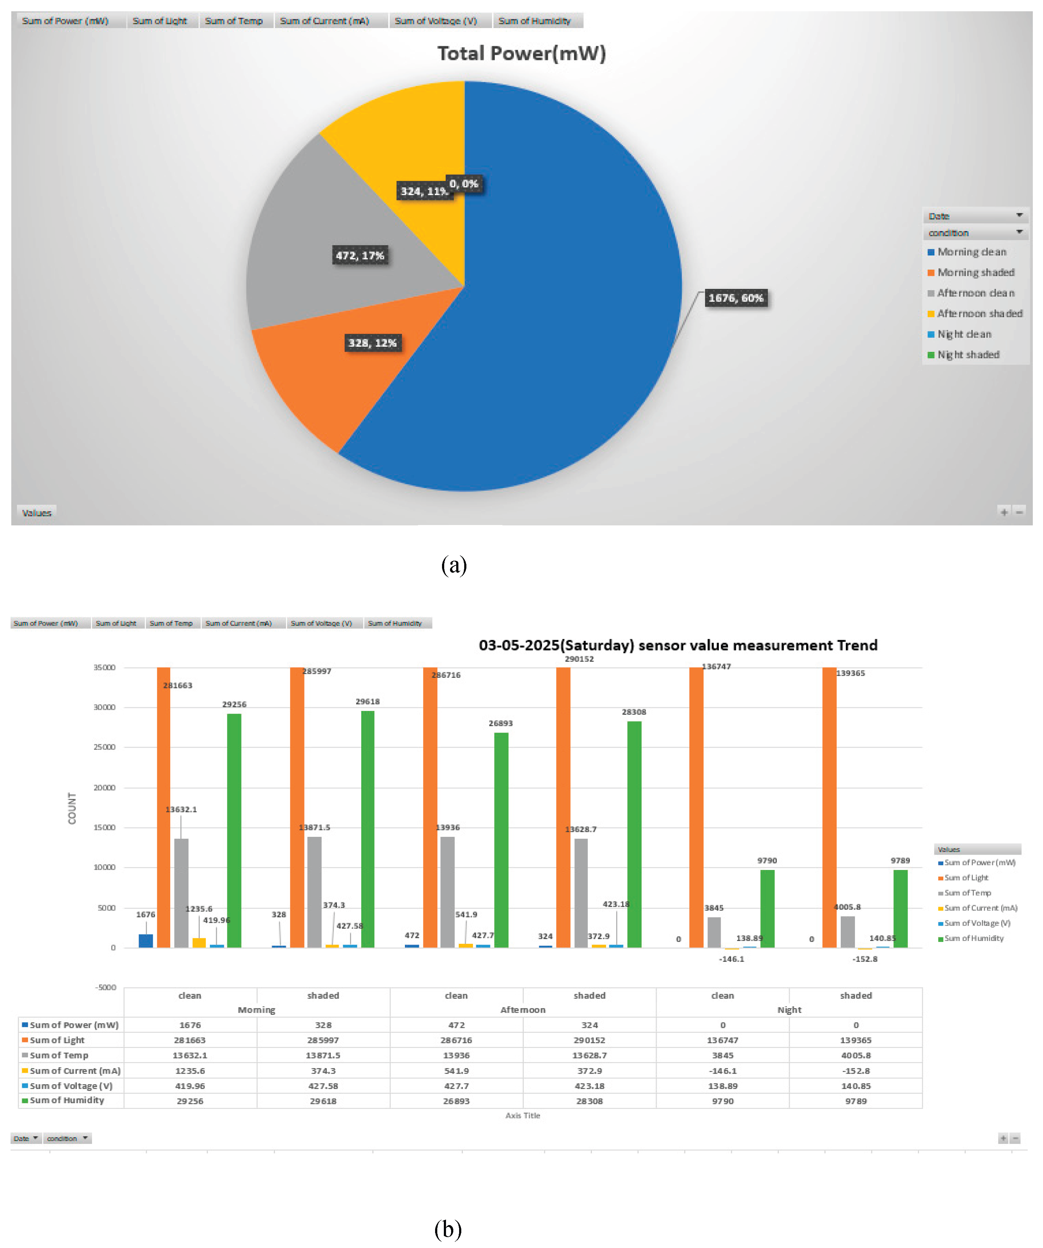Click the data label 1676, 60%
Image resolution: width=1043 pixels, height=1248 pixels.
coord(735,298)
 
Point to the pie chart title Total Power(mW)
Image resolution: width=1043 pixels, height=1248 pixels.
coord(521,53)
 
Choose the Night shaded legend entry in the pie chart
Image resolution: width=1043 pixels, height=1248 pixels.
coord(968,355)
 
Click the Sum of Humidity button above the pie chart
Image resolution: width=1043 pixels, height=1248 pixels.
coord(534,21)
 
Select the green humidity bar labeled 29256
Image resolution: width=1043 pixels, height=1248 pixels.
coord(234,832)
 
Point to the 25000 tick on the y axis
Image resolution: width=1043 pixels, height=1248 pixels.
coord(105,747)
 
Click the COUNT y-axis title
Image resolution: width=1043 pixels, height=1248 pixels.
coord(72,808)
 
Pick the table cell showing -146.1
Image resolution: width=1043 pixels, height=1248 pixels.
coord(722,1070)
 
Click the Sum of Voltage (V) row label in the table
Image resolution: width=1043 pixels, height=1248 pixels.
coord(71,1086)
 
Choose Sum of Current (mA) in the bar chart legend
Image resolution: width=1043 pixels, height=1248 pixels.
coord(980,908)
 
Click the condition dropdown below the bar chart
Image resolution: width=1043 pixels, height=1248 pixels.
coord(67,1138)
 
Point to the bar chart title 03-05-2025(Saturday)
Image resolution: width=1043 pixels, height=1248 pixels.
coord(677,645)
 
